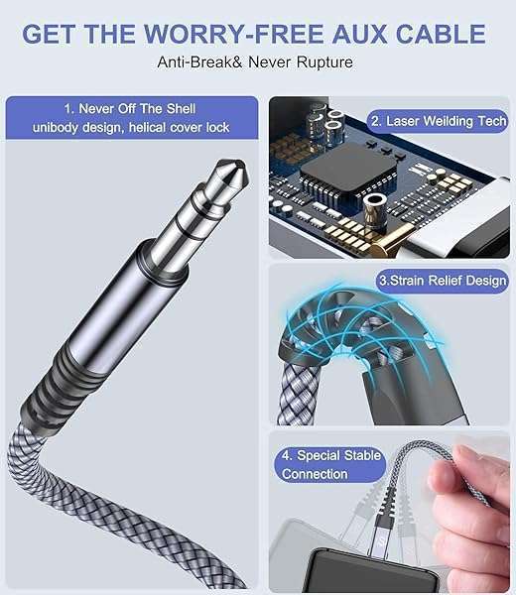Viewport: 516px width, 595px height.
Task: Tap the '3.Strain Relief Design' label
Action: pos(442,281)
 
